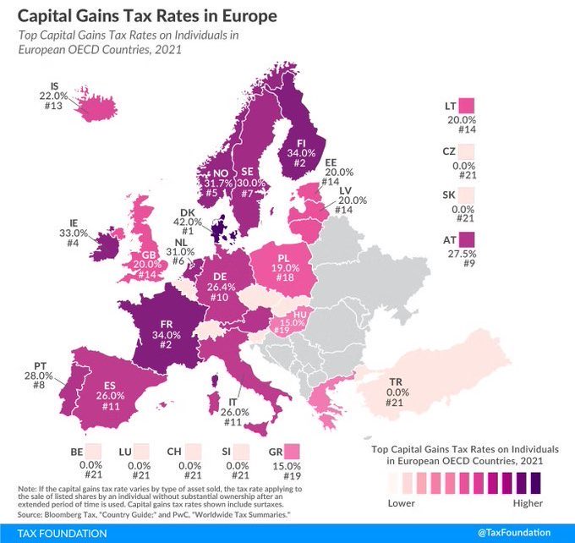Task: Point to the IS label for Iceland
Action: point(54,85)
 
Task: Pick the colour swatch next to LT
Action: point(467,107)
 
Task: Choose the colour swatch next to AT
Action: point(467,242)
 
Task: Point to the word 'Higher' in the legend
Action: point(534,503)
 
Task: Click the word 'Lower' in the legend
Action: point(402,503)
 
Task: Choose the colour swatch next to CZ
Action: point(467,151)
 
